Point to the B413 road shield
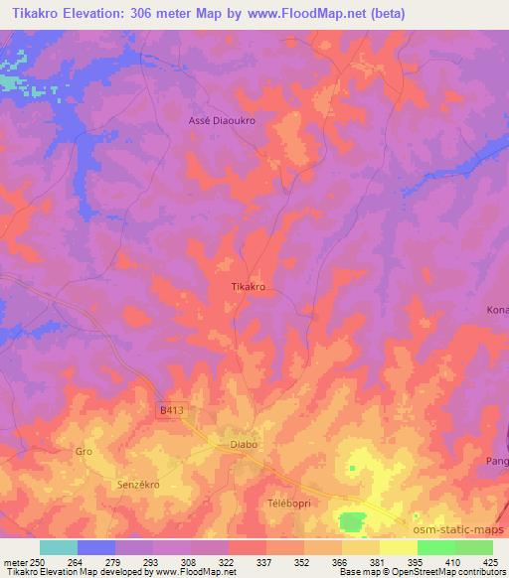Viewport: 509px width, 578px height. pos(172,409)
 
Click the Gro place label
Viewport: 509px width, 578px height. pos(84,452)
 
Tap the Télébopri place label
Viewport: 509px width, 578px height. pos(289,504)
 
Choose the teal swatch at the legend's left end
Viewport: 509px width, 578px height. pos(58,547)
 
